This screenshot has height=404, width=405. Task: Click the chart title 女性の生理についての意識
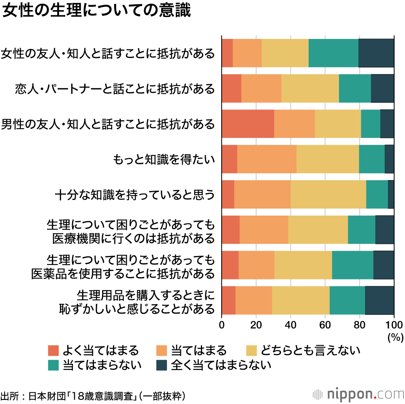[96, 11]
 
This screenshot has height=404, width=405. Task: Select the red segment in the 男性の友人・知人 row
[247, 124]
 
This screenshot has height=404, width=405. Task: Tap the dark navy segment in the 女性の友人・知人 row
[376, 53]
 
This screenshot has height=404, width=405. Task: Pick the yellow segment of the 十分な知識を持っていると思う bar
[328, 194]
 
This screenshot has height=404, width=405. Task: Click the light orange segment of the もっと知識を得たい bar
[266, 159]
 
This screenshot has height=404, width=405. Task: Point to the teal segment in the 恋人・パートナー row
[355, 88]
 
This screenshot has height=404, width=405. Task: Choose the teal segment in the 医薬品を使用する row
[352, 265]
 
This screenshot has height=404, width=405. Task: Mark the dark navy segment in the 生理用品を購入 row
[379, 301]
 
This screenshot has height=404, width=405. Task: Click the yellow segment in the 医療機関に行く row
[318, 230]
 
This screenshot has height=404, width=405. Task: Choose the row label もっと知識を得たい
[164, 159]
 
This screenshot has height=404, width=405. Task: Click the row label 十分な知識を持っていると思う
[134, 195]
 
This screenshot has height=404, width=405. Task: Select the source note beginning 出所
[94, 395]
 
